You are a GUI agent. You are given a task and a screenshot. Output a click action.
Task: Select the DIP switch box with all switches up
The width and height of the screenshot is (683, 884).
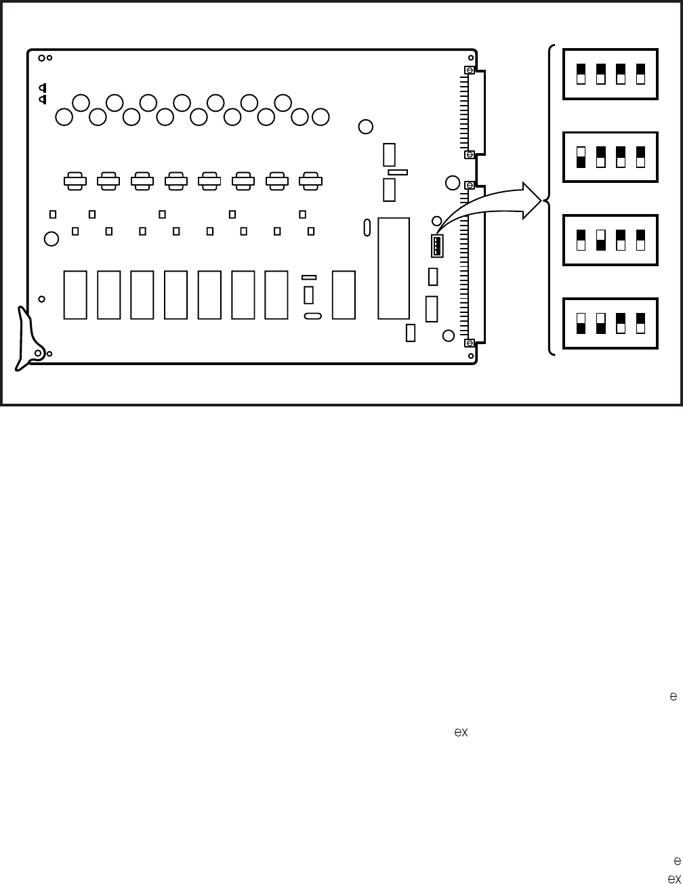pyautogui.click(x=610, y=74)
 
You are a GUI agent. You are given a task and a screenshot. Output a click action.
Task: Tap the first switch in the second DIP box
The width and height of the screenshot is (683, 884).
pyautogui.click(x=581, y=156)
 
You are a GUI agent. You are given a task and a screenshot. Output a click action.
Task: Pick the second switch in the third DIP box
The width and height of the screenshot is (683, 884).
pyautogui.click(x=600, y=240)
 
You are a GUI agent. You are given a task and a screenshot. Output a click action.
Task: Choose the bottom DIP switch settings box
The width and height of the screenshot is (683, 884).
pyautogui.click(x=610, y=324)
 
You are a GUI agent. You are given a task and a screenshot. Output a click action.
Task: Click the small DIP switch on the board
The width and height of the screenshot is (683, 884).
pyautogui.click(x=437, y=246)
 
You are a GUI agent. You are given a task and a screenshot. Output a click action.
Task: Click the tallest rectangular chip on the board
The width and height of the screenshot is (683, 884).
pyautogui.click(x=394, y=268)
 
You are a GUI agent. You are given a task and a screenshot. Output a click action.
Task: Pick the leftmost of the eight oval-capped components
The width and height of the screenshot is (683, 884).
pyautogui.click(x=75, y=180)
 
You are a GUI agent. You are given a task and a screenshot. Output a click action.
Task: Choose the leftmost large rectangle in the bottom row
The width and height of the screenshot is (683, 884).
pyautogui.click(x=75, y=295)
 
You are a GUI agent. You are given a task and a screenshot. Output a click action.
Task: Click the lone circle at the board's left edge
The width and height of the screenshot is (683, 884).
pyautogui.click(x=50, y=238)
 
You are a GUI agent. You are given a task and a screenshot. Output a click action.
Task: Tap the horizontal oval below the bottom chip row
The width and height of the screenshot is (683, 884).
pyautogui.click(x=312, y=316)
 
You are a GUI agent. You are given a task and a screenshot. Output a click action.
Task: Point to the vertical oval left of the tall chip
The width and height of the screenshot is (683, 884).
pyautogui.click(x=367, y=227)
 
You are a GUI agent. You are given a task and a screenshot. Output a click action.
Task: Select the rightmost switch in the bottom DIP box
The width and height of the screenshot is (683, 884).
pyautogui.click(x=640, y=323)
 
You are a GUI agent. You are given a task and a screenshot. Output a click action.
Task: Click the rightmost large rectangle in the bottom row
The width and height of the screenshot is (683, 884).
pyautogui.click(x=344, y=295)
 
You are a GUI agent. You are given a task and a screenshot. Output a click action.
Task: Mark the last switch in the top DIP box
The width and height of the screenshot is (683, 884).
pyautogui.click(x=640, y=74)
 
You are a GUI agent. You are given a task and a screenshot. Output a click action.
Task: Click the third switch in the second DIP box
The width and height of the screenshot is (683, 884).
pyautogui.click(x=621, y=156)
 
